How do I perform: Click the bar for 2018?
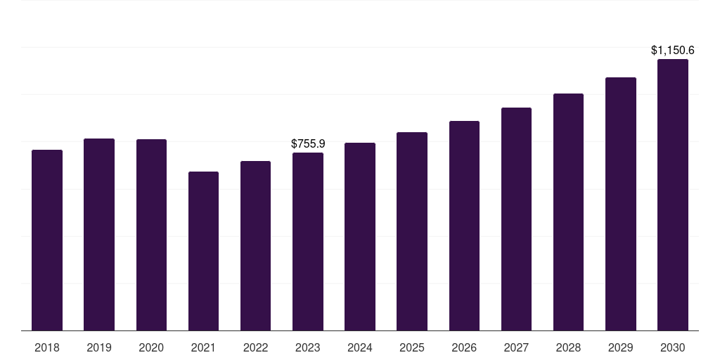tap(47, 240)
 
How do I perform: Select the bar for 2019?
tap(99, 235)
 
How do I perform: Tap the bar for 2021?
tap(203, 251)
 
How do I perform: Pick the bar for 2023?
tap(308, 242)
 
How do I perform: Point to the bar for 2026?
tap(464, 226)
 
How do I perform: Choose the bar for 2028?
tap(568, 212)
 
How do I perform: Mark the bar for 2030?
tap(673, 195)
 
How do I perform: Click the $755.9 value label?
tap(308, 143)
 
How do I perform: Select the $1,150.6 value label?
tap(673, 50)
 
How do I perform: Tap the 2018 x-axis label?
tap(47, 348)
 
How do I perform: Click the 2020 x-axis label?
tap(151, 348)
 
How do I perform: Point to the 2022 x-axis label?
tap(255, 348)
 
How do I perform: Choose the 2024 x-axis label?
tap(359, 348)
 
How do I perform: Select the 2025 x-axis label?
tap(412, 348)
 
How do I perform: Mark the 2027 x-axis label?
tap(516, 348)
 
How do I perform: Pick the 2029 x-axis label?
tap(620, 348)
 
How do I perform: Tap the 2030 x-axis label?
tap(673, 348)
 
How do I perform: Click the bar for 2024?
tap(360, 237)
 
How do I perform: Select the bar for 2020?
tap(151, 235)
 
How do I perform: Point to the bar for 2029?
tap(621, 204)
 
